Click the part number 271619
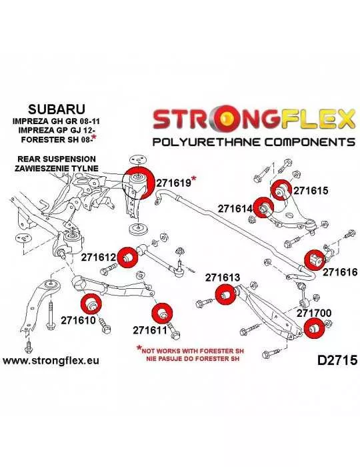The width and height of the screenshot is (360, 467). tap(173, 183)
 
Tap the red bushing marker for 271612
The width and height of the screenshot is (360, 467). tap(127, 258)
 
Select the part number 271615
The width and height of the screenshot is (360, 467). tap(311, 190)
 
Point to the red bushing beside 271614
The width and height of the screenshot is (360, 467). tap(265, 207)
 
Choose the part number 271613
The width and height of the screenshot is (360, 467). tap(222, 278)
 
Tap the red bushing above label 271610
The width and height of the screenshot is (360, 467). tap(91, 304)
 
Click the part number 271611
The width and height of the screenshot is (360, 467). tap(151, 330)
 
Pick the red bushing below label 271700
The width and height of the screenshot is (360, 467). tap(315, 328)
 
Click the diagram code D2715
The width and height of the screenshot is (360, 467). tap(337, 360)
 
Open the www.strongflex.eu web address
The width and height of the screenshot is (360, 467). tap(51, 361)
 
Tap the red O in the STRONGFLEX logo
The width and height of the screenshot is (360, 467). tap(227, 118)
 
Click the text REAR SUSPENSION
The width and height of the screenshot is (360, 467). tap(57, 159)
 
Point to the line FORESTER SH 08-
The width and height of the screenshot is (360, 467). tap(59, 139)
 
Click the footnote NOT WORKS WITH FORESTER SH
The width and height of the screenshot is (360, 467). tap(193, 351)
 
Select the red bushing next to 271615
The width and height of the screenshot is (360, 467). tap(281, 191)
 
